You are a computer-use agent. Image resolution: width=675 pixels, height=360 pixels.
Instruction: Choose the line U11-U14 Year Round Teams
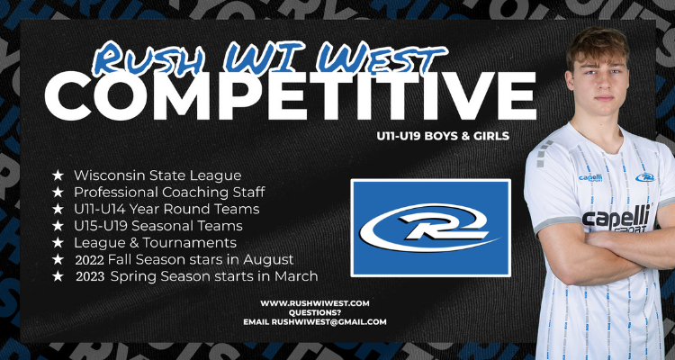pos(166,209)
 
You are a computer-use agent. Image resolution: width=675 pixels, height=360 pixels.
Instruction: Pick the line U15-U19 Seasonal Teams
pos(158,225)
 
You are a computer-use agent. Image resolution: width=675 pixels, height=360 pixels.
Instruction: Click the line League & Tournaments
pos(155,242)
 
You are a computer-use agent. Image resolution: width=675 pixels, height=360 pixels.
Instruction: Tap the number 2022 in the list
pos(89,259)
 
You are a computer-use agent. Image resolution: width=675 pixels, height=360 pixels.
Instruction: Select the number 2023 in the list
pos(89,275)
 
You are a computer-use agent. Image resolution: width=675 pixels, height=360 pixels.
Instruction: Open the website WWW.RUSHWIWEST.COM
pos(314,303)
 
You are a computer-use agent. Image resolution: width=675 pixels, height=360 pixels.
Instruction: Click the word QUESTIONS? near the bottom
pos(314,312)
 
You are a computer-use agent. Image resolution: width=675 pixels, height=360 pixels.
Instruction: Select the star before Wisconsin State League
pos(58,175)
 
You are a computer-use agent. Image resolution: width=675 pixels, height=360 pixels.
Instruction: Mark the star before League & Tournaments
pos(58,242)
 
